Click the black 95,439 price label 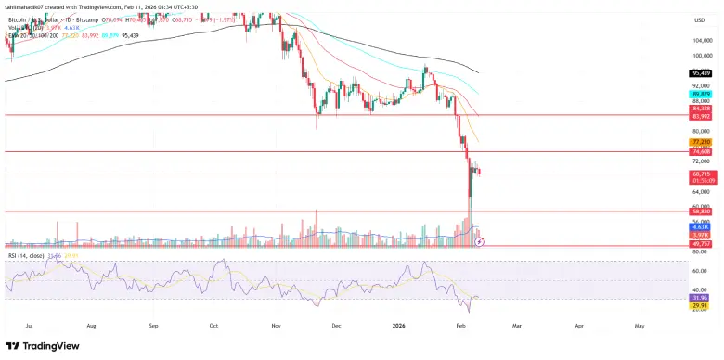click(x=701, y=72)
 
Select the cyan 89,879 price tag click(x=701, y=94)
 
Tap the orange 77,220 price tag click(x=701, y=143)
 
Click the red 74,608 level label click(x=701, y=152)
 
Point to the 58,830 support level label click(x=701, y=212)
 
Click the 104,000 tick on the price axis click(x=703, y=40)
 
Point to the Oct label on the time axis click(x=214, y=327)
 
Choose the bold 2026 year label click(x=400, y=327)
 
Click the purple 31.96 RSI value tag click(x=701, y=296)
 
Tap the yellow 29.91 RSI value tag click(x=701, y=304)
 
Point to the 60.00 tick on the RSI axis click(x=701, y=271)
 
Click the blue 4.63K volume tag click(x=701, y=226)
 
